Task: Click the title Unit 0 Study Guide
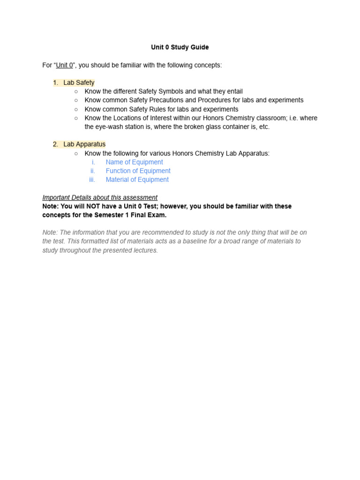(x=180, y=47)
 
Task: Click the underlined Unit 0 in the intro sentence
(x=64, y=65)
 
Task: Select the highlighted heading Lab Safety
(x=79, y=82)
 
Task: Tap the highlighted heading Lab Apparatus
(x=84, y=144)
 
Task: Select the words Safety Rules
(x=157, y=109)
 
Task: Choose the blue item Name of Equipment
(x=134, y=162)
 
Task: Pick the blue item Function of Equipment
(x=138, y=171)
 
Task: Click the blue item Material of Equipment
(x=137, y=180)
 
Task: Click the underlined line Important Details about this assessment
(x=100, y=197)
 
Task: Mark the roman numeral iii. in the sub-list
(x=92, y=180)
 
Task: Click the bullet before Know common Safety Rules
(x=76, y=109)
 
